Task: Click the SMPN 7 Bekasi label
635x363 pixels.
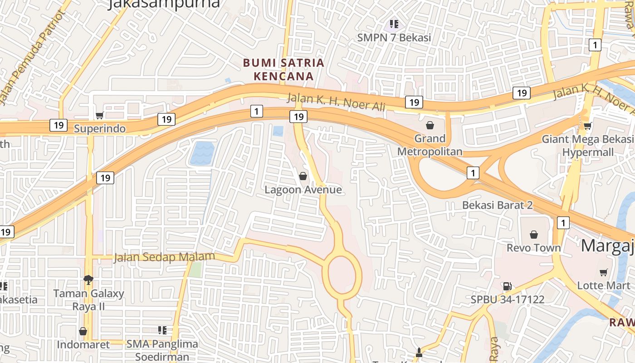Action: click(394, 38)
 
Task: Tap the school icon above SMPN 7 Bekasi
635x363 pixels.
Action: click(394, 24)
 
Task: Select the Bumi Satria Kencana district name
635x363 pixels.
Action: click(283, 69)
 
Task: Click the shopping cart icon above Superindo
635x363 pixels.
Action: click(99, 116)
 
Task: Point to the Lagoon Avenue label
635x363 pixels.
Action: click(303, 190)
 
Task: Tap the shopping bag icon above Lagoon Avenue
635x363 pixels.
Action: click(303, 176)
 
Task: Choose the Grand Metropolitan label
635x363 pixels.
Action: click(430, 145)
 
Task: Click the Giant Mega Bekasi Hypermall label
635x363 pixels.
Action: click(588, 146)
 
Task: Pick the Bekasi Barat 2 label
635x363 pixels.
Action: click(497, 205)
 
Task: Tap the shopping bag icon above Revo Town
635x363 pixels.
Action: click(534, 235)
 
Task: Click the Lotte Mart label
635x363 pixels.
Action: click(603, 285)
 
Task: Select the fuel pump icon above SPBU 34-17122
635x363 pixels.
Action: click(507, 286)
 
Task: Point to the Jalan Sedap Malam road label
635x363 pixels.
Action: click(164, 257)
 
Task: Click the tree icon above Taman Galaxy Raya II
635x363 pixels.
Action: click(88, 279)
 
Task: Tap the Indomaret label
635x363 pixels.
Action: click(83, 345)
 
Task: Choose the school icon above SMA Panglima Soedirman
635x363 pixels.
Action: click(162, 330)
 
